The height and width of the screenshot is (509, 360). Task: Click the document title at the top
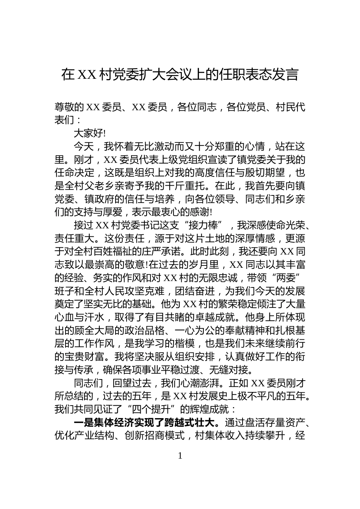180,75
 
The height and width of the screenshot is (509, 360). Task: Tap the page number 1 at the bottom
180,456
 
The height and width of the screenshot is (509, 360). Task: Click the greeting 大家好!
89,133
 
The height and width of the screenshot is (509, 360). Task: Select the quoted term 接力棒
206,225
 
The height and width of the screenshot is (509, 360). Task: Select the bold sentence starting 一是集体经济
146,423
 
